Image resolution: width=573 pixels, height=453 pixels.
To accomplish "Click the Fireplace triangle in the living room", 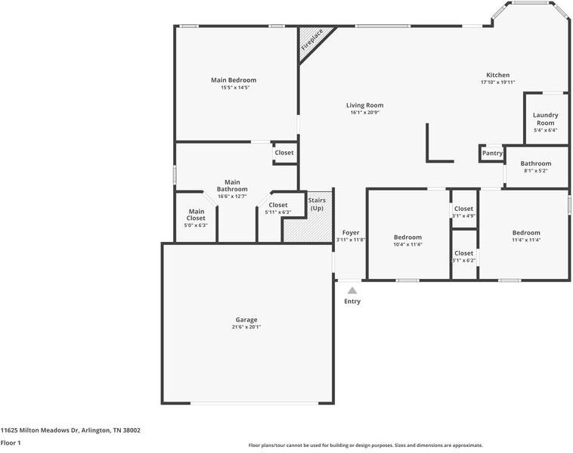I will pos(311,40).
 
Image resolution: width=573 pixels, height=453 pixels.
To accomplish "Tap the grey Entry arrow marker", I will pos(352,290).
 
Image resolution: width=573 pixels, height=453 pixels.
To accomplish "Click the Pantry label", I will pos(492,154).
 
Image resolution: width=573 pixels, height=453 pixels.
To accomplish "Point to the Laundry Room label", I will pos(545,119).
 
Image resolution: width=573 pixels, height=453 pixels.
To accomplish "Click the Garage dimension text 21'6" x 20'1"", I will pos(246,327).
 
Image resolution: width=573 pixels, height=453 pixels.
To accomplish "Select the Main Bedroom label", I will pos(234,80).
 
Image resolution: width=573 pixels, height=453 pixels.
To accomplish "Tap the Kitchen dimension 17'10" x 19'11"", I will pos(497,82).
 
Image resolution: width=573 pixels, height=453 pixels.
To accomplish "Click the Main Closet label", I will pos(196,215).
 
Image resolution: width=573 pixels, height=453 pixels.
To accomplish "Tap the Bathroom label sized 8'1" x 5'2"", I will pos(536,163).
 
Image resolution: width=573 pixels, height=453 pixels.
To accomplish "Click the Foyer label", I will pos(351,233).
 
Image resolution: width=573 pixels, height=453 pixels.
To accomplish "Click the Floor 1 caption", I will pos(11,443).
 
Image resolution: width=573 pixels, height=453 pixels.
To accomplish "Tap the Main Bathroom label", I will pos(232,185).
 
